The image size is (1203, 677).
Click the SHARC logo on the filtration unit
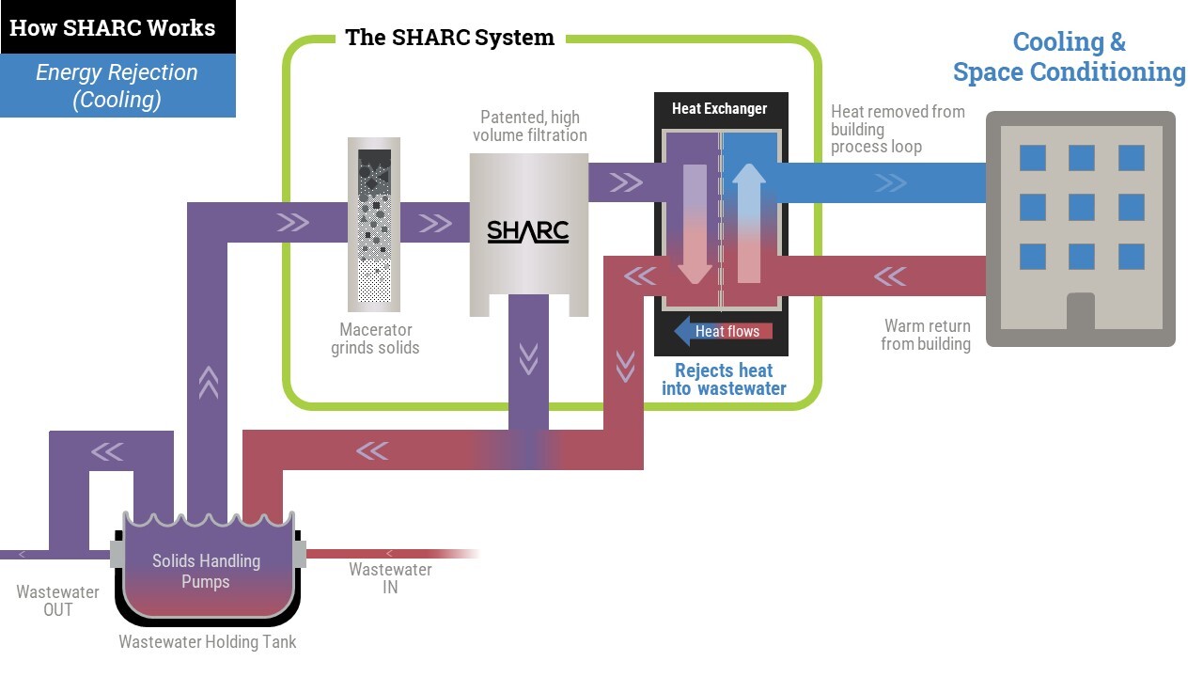[528, 231]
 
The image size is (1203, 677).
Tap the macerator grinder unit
[374, 225]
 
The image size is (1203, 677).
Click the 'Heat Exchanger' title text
[719, 109]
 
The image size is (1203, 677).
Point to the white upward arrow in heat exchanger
[749, 222]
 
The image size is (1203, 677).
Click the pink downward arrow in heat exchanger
[695, 224]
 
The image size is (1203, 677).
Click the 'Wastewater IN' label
[390, 578]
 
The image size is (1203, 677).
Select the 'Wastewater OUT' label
[57, 601]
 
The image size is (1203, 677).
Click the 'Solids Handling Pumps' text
[206, 571]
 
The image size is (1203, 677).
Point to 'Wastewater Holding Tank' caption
[207, 642]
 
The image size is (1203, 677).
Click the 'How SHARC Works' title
[112, 27]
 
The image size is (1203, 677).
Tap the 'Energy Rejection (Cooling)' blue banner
[117, 86]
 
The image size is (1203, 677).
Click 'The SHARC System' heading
[449, 38]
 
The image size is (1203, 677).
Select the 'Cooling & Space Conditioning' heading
[1069, 56]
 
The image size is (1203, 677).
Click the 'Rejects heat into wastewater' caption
[724, 379]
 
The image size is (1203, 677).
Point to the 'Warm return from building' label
[927, 335]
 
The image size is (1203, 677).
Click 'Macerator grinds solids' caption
[375, 338]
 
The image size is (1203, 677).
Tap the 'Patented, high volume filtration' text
[530, 126]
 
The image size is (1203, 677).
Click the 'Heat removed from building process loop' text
[897, 129]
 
